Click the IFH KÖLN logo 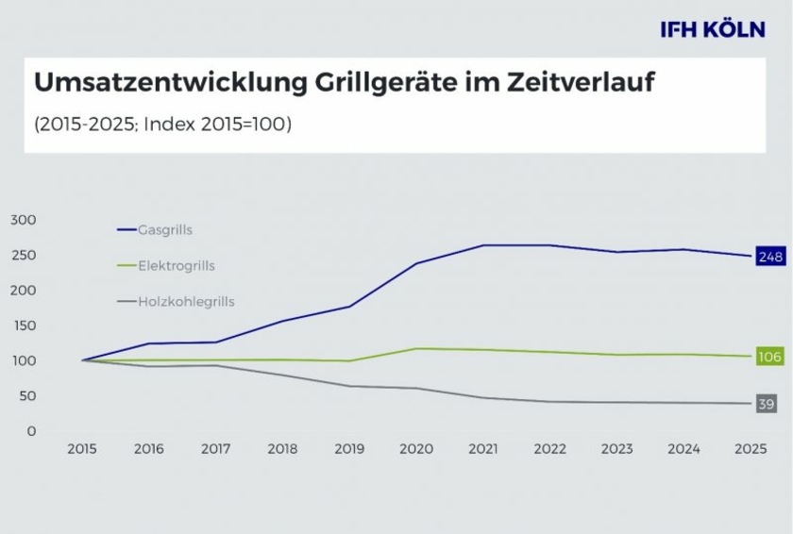click(713, 29)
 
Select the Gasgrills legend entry click(165, 229)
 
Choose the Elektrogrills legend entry click(176, 266)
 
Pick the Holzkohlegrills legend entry click(186, 302)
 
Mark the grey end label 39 click(768, 404)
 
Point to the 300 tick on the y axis click(23, 220)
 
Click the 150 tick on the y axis click(23, 325)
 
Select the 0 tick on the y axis click(31, 431)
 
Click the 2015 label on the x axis click(82, 449)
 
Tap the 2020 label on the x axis click(415, 449)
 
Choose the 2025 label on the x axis click(750, 449)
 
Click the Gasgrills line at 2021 click(482, 245)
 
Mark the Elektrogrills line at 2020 click(415, 348)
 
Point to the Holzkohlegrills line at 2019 click(349, 386)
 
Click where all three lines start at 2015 click(83, 360)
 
